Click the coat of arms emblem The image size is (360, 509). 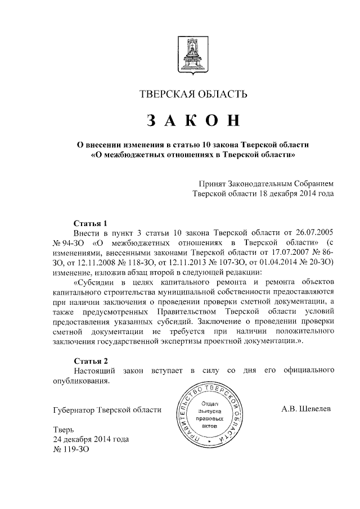click(193, 58)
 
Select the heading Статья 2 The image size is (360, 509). click(90, 360)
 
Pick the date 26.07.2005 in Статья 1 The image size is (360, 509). click(316, 233)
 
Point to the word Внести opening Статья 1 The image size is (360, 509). click(86, 233)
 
